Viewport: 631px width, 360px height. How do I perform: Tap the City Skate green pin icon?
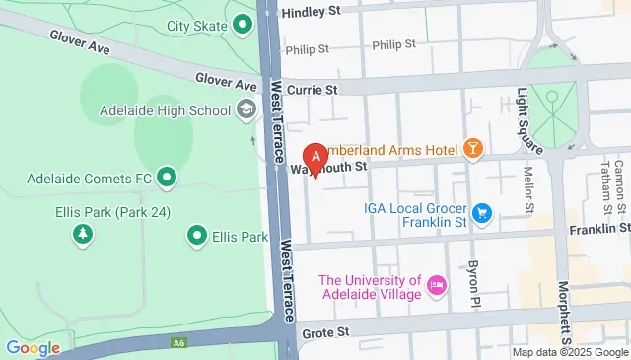point(243,25)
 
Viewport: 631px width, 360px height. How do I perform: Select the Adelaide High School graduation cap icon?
point(245,108)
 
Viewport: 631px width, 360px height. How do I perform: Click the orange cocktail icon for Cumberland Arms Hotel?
point(474,149)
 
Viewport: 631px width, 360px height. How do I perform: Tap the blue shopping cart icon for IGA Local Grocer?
point(481,212)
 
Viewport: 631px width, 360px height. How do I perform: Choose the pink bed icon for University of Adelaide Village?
point(437,287)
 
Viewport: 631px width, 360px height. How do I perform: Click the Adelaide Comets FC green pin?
point(167,179)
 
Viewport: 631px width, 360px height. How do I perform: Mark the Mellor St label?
point(528,189)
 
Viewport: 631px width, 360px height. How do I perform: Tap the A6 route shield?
point(178,343)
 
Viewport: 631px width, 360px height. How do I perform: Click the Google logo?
point(33,347)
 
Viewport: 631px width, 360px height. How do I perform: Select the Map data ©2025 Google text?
point(570,352)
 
